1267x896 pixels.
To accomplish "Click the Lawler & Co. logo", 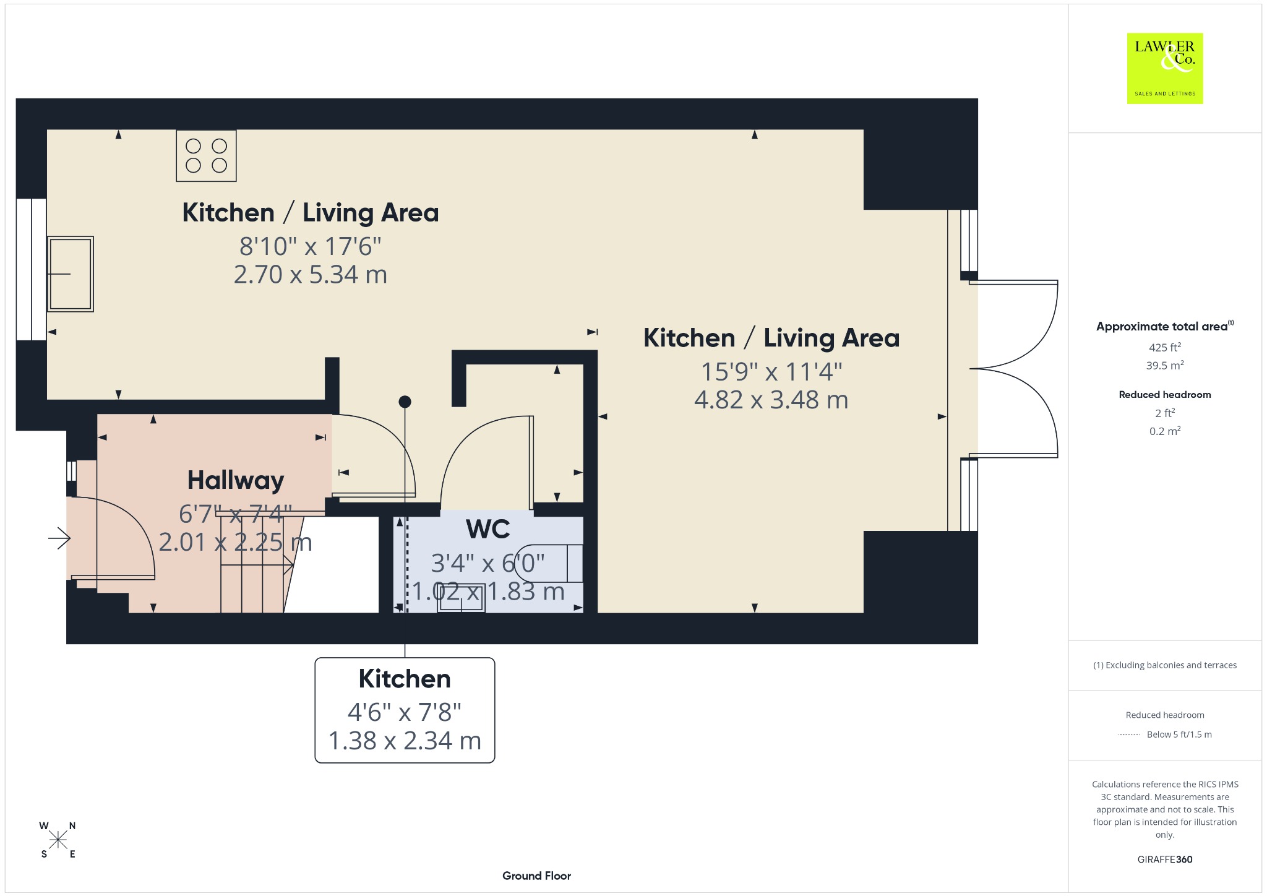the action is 1165,68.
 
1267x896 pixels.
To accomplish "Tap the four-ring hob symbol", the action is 206,155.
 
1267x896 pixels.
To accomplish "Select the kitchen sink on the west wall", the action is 71,274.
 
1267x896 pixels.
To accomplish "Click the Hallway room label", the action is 236,480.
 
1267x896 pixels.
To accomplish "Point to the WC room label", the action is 488,530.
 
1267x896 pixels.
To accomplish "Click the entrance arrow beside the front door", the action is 59,538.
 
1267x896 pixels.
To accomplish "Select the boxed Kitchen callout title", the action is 405,679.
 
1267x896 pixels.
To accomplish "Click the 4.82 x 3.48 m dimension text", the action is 771,400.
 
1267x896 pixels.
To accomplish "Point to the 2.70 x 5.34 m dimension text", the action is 311,274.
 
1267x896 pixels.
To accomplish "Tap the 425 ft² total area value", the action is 1165,347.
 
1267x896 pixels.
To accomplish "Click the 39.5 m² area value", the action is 1165,365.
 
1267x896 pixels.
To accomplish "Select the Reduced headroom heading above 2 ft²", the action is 1165,395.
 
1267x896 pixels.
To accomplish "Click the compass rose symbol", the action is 58,840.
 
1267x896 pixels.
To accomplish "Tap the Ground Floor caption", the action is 536,876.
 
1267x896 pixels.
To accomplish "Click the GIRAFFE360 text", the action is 1165,859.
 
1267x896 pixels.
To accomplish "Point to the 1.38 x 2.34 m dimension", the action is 405,741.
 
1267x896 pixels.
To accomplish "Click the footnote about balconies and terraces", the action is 1165,665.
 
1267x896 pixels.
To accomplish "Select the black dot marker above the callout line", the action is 405,402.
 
